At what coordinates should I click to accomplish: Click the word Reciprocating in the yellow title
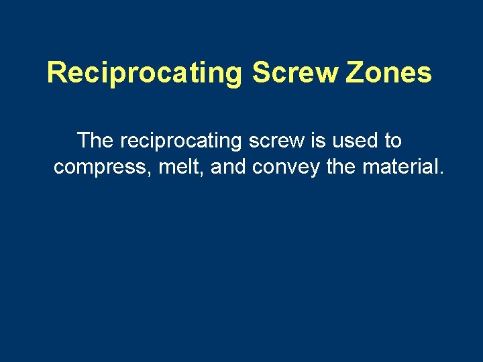click(144, 73)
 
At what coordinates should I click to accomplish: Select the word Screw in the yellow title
click(295, 72)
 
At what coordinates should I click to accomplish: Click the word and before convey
click(229, 167)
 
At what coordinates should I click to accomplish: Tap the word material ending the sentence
click(400, 167)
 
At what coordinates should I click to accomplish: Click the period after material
click(441, 173)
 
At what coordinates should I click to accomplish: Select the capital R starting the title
click(56, 72)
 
